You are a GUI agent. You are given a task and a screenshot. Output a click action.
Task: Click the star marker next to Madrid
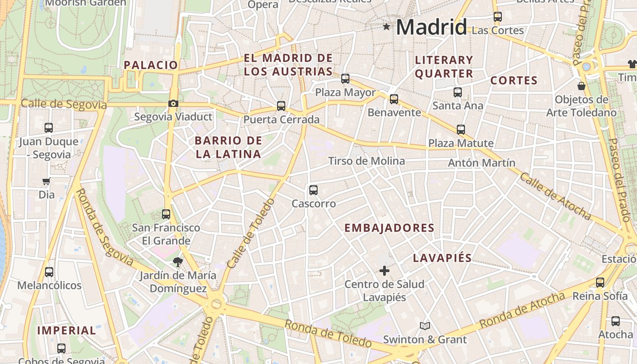click(387, 27)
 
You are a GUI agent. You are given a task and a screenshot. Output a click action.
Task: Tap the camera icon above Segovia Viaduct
click(173, 104)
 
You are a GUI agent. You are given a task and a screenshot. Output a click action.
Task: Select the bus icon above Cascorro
click(313, 190)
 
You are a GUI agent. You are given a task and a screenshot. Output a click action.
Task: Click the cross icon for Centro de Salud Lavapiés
click(384, 271)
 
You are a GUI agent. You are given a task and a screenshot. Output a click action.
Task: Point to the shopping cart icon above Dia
click(46, 182)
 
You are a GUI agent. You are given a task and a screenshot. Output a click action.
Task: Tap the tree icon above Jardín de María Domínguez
click(177, 262)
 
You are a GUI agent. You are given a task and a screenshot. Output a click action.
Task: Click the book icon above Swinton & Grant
click(425, 326)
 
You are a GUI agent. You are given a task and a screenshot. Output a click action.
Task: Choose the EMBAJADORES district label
click(389, 228)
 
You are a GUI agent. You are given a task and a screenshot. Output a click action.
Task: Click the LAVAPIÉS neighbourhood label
click(442, 258)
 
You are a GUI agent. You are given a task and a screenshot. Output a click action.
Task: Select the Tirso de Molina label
click(366, 161)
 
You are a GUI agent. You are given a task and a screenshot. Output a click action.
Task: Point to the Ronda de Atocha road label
click(522, 310)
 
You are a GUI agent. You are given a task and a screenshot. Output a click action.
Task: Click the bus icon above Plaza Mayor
click(345, 79)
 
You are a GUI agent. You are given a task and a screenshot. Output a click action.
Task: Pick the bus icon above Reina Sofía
click(600, 283)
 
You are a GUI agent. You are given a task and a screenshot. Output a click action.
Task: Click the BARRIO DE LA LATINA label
click(228, 147)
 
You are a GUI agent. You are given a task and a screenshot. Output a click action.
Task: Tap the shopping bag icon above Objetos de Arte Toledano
click(581, 86)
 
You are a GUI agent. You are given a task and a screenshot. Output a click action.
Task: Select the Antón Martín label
click(482, 163)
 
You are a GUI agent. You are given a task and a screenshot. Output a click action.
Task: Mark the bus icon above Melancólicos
click(49, 272)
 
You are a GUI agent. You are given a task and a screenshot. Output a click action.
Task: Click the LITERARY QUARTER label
click(444, 66)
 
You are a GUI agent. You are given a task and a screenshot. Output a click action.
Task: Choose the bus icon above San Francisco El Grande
click(166, 214)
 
